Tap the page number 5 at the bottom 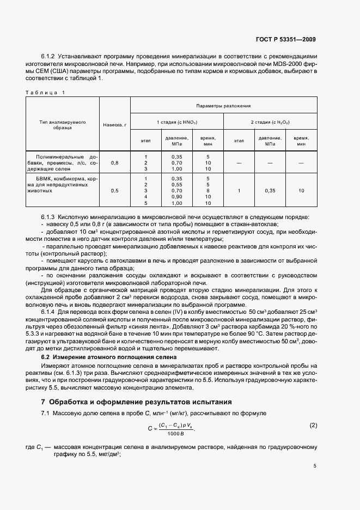(x=315, y=466)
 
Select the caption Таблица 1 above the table (x=45, y=92)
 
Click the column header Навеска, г (x=115, y=125)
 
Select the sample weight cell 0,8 (x=115, y=163)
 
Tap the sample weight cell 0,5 (x=115, y=191)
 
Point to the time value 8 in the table (x=208, y=191)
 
